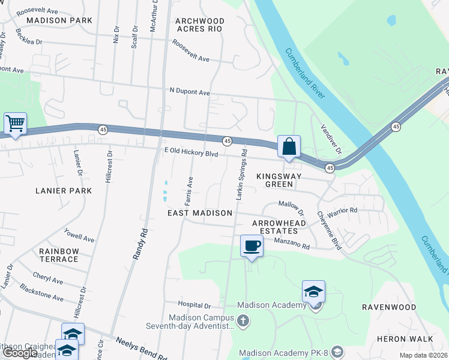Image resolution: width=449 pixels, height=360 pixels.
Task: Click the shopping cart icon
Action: pyautogui.click(x=15, y=124)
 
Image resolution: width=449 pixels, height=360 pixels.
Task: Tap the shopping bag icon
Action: pyautogui.click(x=289, y=146)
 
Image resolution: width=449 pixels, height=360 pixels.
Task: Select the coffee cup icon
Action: pyautogui.click(x=252, y=245)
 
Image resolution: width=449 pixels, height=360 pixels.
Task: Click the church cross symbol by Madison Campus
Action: pyautogui.click(x=243, y=322)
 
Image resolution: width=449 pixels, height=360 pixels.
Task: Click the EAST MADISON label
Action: pyautogui.click(x=199, y=213)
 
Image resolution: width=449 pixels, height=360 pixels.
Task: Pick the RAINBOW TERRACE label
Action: pyautogui.click(x=59, y=255)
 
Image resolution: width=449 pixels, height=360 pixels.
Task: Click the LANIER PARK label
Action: pyautogui.click(x=63, y=191)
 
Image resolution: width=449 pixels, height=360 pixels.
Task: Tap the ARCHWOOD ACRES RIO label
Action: pyautogui.click(x=199, y=25)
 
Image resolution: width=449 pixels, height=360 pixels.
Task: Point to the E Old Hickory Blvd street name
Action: pyautogui.click(x=191, y=153)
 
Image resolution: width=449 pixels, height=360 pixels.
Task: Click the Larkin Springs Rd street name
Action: pyautogui.click(x=241, y=174)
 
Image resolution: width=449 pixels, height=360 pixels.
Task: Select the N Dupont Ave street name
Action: pyautogui.click(x=190, y=92)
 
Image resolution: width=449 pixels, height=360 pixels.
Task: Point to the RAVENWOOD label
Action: pyautogui.click(x=389, y=307)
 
